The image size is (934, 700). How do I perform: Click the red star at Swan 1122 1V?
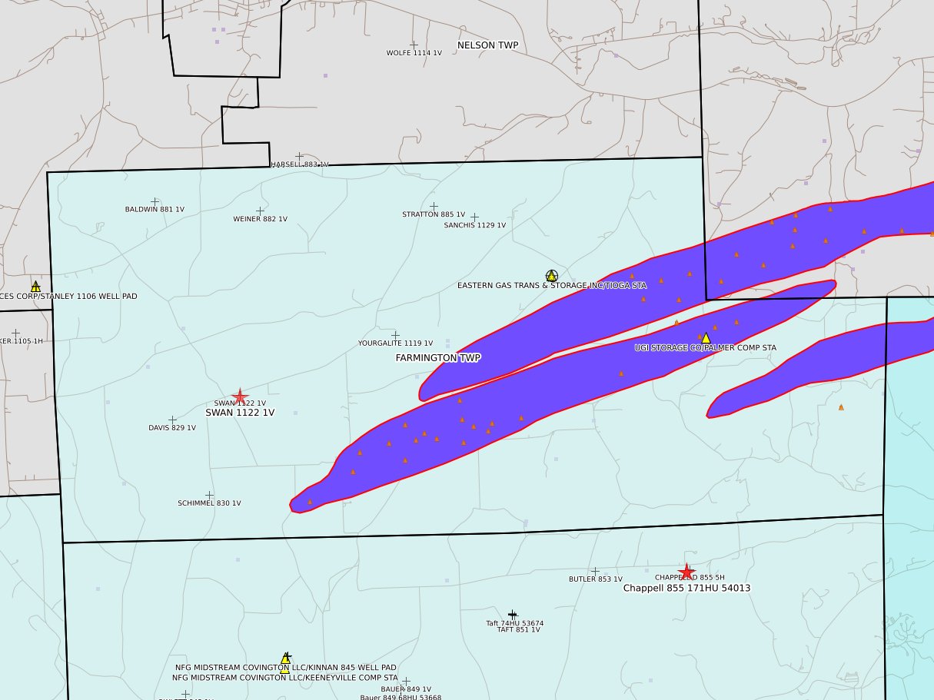pyautogui.click(x=240, y=396)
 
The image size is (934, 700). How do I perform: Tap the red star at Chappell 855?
pyautogui.click(x=687, y=572)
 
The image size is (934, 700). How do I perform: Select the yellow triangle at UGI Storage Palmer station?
pyautogui.click(x=706, y=338)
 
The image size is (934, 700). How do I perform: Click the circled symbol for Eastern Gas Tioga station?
pyautogui.click(x=551, y=276)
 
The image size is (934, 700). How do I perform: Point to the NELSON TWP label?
pyautogui.click(x=487, y=45)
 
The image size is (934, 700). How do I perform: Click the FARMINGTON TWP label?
pyautogui.click(x=438, y=358)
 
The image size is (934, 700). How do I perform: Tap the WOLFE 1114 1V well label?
pyautogui.click(x=414, y=53)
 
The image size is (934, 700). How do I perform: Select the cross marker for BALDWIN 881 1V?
pyautogui.click(x=155, y=202)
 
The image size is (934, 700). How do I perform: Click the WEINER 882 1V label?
pyautogui.click(x=260, y=219)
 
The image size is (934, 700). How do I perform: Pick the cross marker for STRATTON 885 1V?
pyautogui.click(x=434, y=207)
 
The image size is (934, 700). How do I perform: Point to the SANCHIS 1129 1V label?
pyautogui.click(x=474, y=225)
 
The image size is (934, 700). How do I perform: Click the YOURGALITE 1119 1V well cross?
pyautogui.click(x=395, y=335)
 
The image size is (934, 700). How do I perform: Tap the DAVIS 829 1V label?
pyautogui.click(x=172, y=428)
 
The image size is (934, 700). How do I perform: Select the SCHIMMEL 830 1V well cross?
pyautogui.click(x=209, y=496)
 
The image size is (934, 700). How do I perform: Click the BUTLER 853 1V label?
pyautogui.click(x=595, y=579)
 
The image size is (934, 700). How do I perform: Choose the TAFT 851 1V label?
pyautogui.click(x=518, y=629)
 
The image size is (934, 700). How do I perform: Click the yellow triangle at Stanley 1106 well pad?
pyautogui.click(x=35, y=287)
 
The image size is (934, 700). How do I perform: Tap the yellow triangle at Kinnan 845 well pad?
pyautogui.click(x=285, y=659)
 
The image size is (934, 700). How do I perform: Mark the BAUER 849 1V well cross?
pyautogui.click(x=406, y=682)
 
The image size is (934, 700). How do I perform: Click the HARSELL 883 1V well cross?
pyautogui.click(x=299, y=157)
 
